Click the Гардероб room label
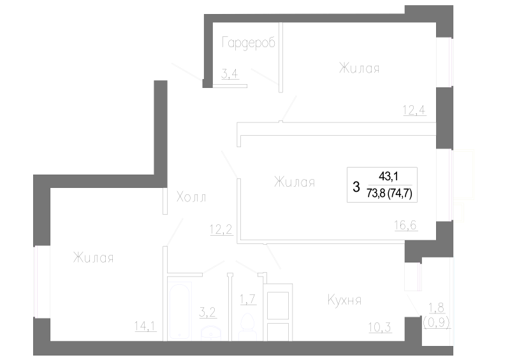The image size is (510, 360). [x=249, y=43]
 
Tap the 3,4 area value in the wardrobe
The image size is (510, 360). [x=229, y=74]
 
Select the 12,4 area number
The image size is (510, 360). [x=414, y=111]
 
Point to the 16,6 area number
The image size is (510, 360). [x=405, y=225]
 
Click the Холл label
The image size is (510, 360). [x=191, y=197]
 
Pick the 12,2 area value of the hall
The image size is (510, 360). [x=221, y=229]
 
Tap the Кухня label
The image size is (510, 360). [x=344, y=300]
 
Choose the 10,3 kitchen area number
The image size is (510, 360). [x=380, y=327]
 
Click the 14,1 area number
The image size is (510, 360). [x=146, y=326]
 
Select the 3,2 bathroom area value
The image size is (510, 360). [x=208, y=312]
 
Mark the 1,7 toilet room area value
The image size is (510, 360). [x=248, y=299]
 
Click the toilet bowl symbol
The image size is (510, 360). [x=248, y=326]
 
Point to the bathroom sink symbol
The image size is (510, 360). [x=212, y=334]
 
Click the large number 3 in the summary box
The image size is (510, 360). [x=356, y=187]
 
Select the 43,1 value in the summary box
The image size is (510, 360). [x=388, y=176]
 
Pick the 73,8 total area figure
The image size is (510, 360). [x=376, y=194]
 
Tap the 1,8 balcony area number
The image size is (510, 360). [x=437, y=307]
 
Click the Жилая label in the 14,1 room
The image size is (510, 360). [x=93, y=258]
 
